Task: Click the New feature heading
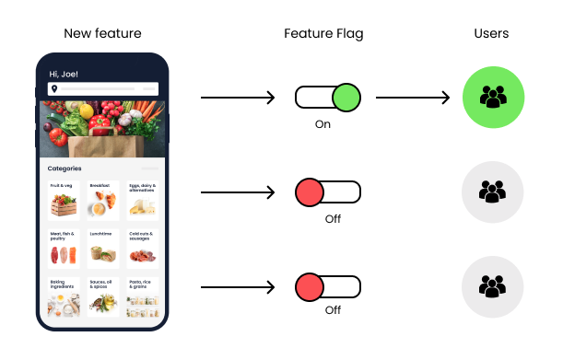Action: click(x=102, y=34)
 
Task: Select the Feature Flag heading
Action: click(x=323, y=34)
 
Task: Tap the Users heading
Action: click(x=492, y=34)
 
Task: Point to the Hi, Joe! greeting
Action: click(x=65, y=74)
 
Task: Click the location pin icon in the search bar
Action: click(x=55, y=89)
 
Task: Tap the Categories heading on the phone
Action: click(x=65, y=168)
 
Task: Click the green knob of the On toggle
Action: click(x=346, y=97)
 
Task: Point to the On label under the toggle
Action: click(x=323, y=123)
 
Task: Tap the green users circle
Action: click(x=492, y=96)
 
